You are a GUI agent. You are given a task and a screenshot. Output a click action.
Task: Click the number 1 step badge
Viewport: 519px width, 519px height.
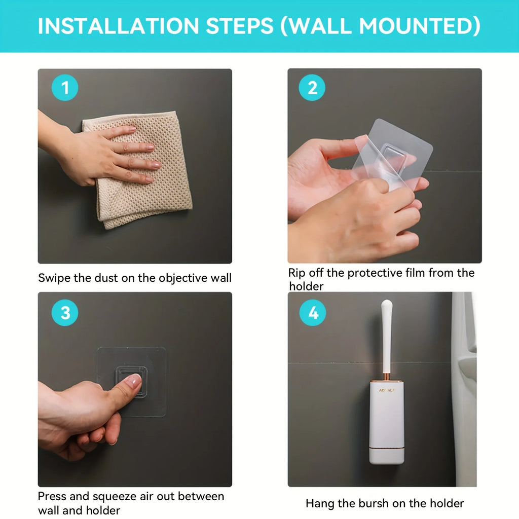[x=65, y=88]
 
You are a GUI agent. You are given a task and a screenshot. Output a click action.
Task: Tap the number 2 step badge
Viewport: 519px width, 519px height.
[x=312, y=88]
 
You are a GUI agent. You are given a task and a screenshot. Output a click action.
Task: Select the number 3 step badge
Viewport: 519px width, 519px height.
[x=65, y=313]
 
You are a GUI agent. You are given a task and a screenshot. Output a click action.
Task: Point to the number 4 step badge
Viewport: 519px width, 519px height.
[x=313, y=313]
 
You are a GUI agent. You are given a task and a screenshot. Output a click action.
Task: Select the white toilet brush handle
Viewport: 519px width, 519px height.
[x=387, y=335]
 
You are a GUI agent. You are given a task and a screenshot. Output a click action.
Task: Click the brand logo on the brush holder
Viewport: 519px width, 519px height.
[x=387, y=390]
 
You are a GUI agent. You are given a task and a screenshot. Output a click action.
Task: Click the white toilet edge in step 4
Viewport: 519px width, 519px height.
[x=464, y=385]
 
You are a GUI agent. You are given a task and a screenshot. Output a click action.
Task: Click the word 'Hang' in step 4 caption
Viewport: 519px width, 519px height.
[x=319, y=503]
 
